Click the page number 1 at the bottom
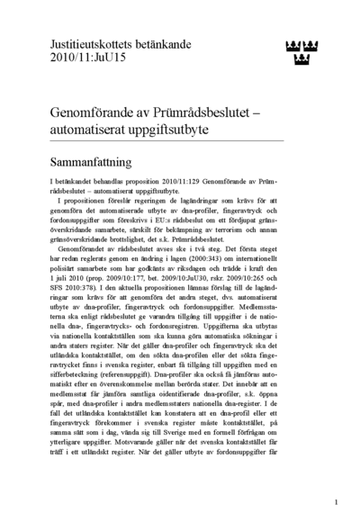point(335,502)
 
